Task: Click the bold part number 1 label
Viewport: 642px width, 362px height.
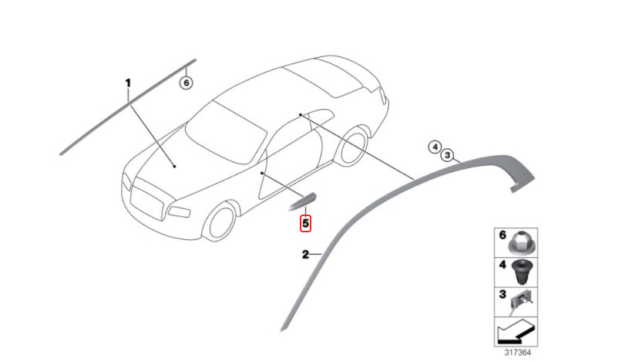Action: click(x=128, y=83)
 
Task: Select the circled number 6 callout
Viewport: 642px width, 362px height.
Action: click(x=187, y=83)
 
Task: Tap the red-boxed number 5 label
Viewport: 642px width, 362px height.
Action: click(x=305, y=224)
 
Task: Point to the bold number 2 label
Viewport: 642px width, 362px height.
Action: click(x=305, y=255)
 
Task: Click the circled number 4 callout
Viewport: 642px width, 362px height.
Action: click(x=435, y=147)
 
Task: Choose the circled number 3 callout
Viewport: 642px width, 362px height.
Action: click(x=448, y=155)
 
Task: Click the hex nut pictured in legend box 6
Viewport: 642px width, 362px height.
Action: click(x=519, y=243)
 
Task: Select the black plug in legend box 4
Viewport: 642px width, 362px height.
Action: click(x=521, y=272)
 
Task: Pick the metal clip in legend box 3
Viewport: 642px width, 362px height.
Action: click(x=521, y=301)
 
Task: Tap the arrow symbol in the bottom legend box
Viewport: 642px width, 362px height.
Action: click(x=514, y=332)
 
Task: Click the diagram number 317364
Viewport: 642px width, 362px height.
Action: click(x=518, y=352)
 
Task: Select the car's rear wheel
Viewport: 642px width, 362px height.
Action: click(x=353, y=147)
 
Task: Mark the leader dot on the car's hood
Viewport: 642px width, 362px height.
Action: click(x=175, y=167)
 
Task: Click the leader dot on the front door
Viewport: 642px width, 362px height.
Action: click(x=261, y=174)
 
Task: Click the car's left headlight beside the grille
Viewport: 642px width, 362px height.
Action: click(x=179, y=212)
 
